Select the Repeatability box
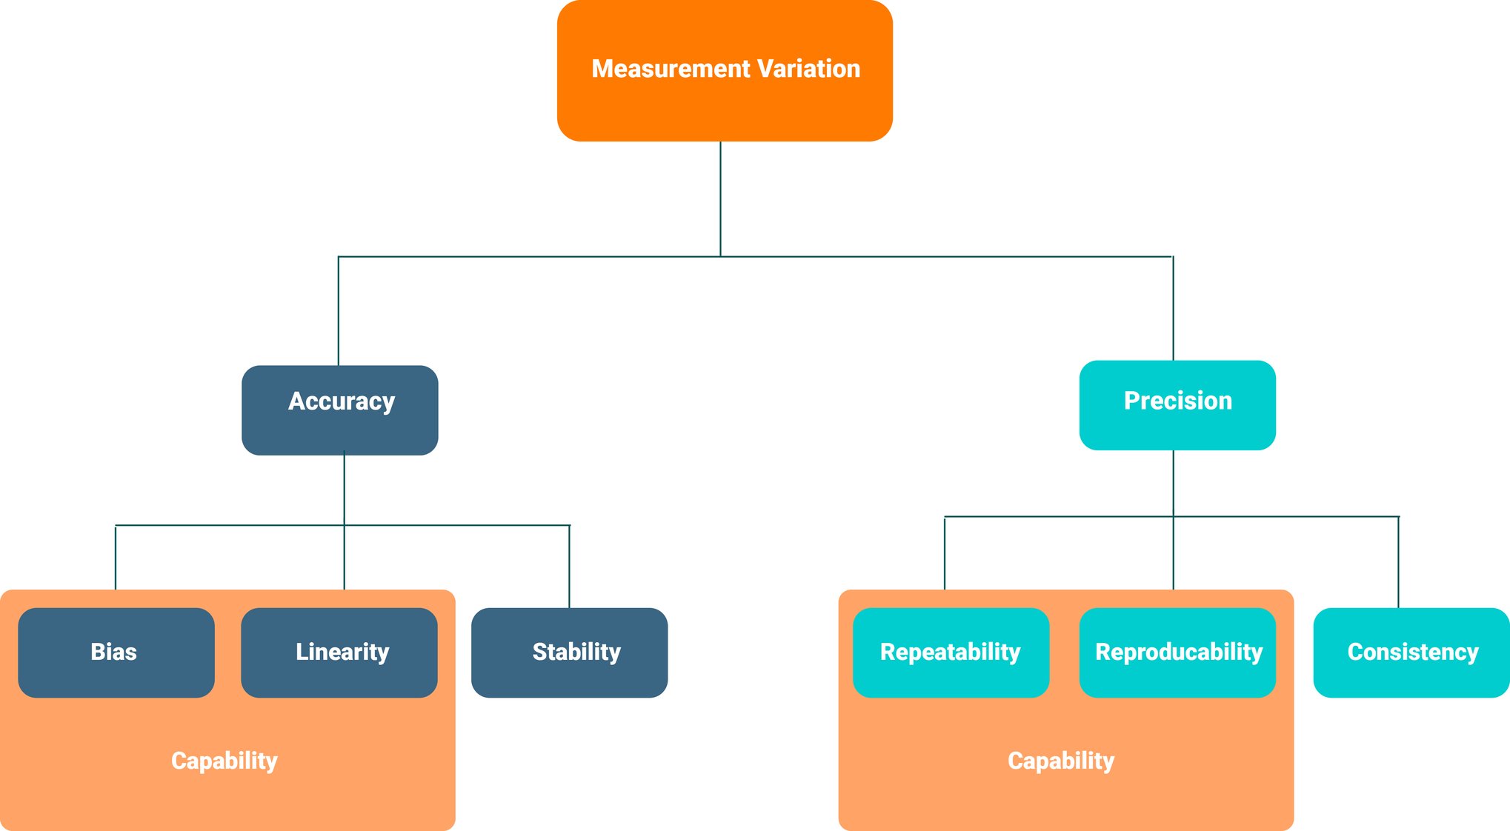pyautogui.click(x=951, y=653)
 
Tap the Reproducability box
pyautogui.click(x=1177, y=653)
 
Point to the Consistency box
pyautogui.click(x=1411, y=653)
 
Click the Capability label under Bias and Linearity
pyautogui.click(x=224, y=761)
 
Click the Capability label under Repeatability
pyautogui.click(x=1060, y=761)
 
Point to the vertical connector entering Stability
pyautogui.click(x=569, y=567)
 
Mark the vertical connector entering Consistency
pyautogui.click(x=1398, y=562)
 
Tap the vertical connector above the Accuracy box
pyautogui.click(x=339, y=311)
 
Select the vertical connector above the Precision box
pyautogui.click(x=1173, y=308)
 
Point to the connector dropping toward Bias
pyautogui.click(x=116, y=557)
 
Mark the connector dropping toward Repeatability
pyautogui.click(x=945, y=553)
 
